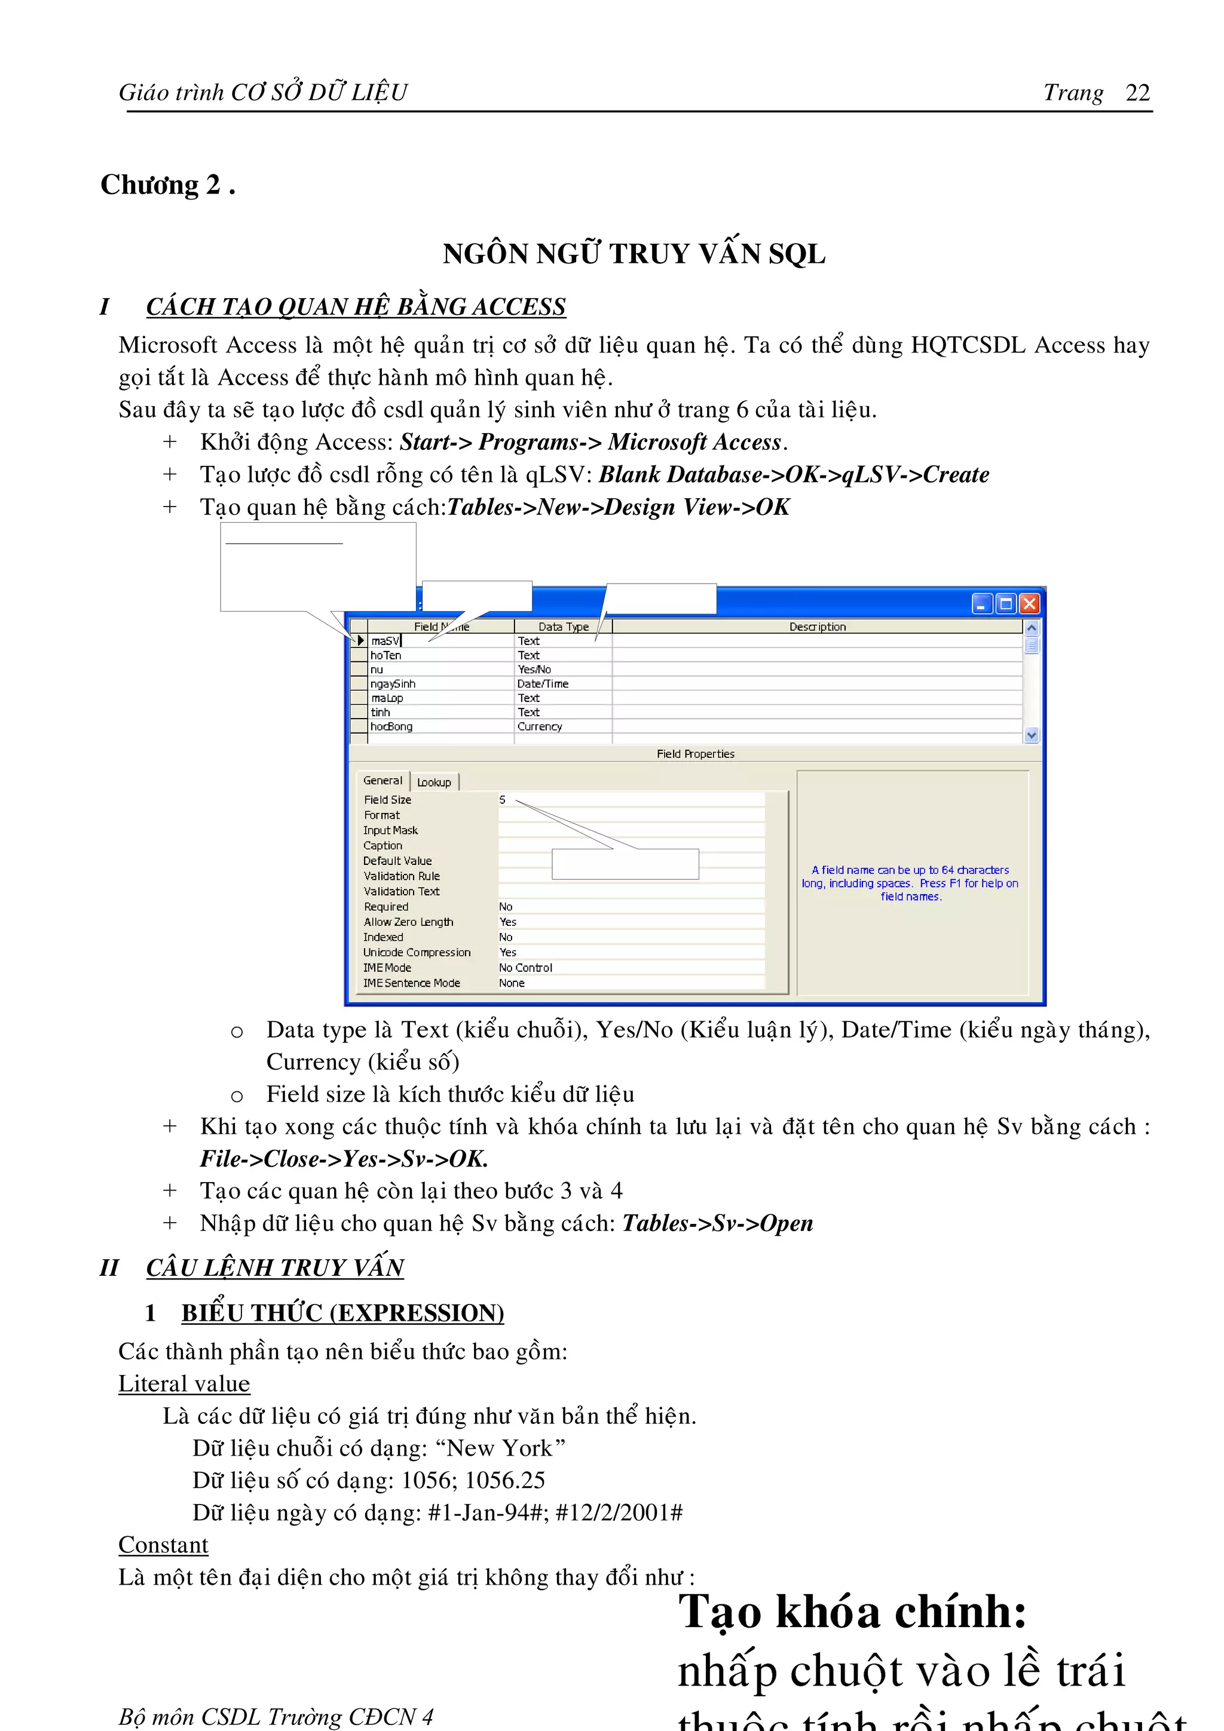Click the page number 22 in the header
(1137, 93)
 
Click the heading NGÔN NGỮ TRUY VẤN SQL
(634, 254)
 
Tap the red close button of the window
(1029, 603)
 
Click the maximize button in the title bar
(1005, 603)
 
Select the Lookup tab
(434, 782)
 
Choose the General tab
(382, 780)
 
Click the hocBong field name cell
(391, 727)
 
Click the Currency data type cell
(539, 727)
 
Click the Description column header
(817, 627)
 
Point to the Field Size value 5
(502, 800)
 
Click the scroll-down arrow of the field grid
(1031, 735)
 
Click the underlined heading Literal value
(183, 1383)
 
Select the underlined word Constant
(163, 1545)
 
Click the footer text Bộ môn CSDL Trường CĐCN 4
(276, 1717)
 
